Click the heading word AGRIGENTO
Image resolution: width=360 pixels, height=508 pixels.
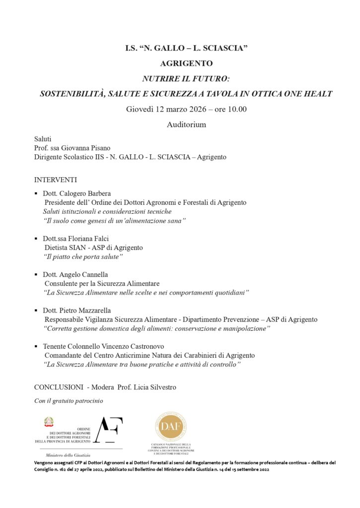pyautogui.click(x=186, y=63)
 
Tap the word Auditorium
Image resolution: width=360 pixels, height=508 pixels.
pyautogui.click(x=186, y=125)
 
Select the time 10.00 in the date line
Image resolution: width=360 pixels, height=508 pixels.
pyautogui.click(x=237, y=109)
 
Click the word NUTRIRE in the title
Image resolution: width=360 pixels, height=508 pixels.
pyautogui.click(x=159, y=78)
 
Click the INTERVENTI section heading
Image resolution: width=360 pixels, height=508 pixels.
pyautogui.click(x=56, y=179)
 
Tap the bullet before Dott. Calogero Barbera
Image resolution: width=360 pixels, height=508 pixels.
pyautogui.click(x=36, y=194)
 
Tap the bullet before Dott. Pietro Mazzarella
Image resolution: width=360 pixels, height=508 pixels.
pyautogui.click(x=36, y=311)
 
